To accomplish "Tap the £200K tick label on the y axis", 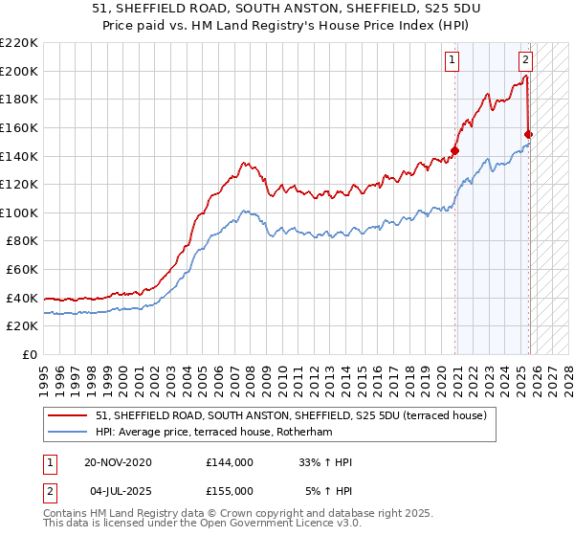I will [x=20, y=71].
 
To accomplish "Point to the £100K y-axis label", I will [x=20, y=212].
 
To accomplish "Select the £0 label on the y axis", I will [x=30, y=354].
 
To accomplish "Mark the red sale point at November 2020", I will [x=455, y=150].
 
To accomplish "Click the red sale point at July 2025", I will [x=529, y=134].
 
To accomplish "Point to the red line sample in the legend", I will [x=68, y=415].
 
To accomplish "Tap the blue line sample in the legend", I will [x=68, y=432].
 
